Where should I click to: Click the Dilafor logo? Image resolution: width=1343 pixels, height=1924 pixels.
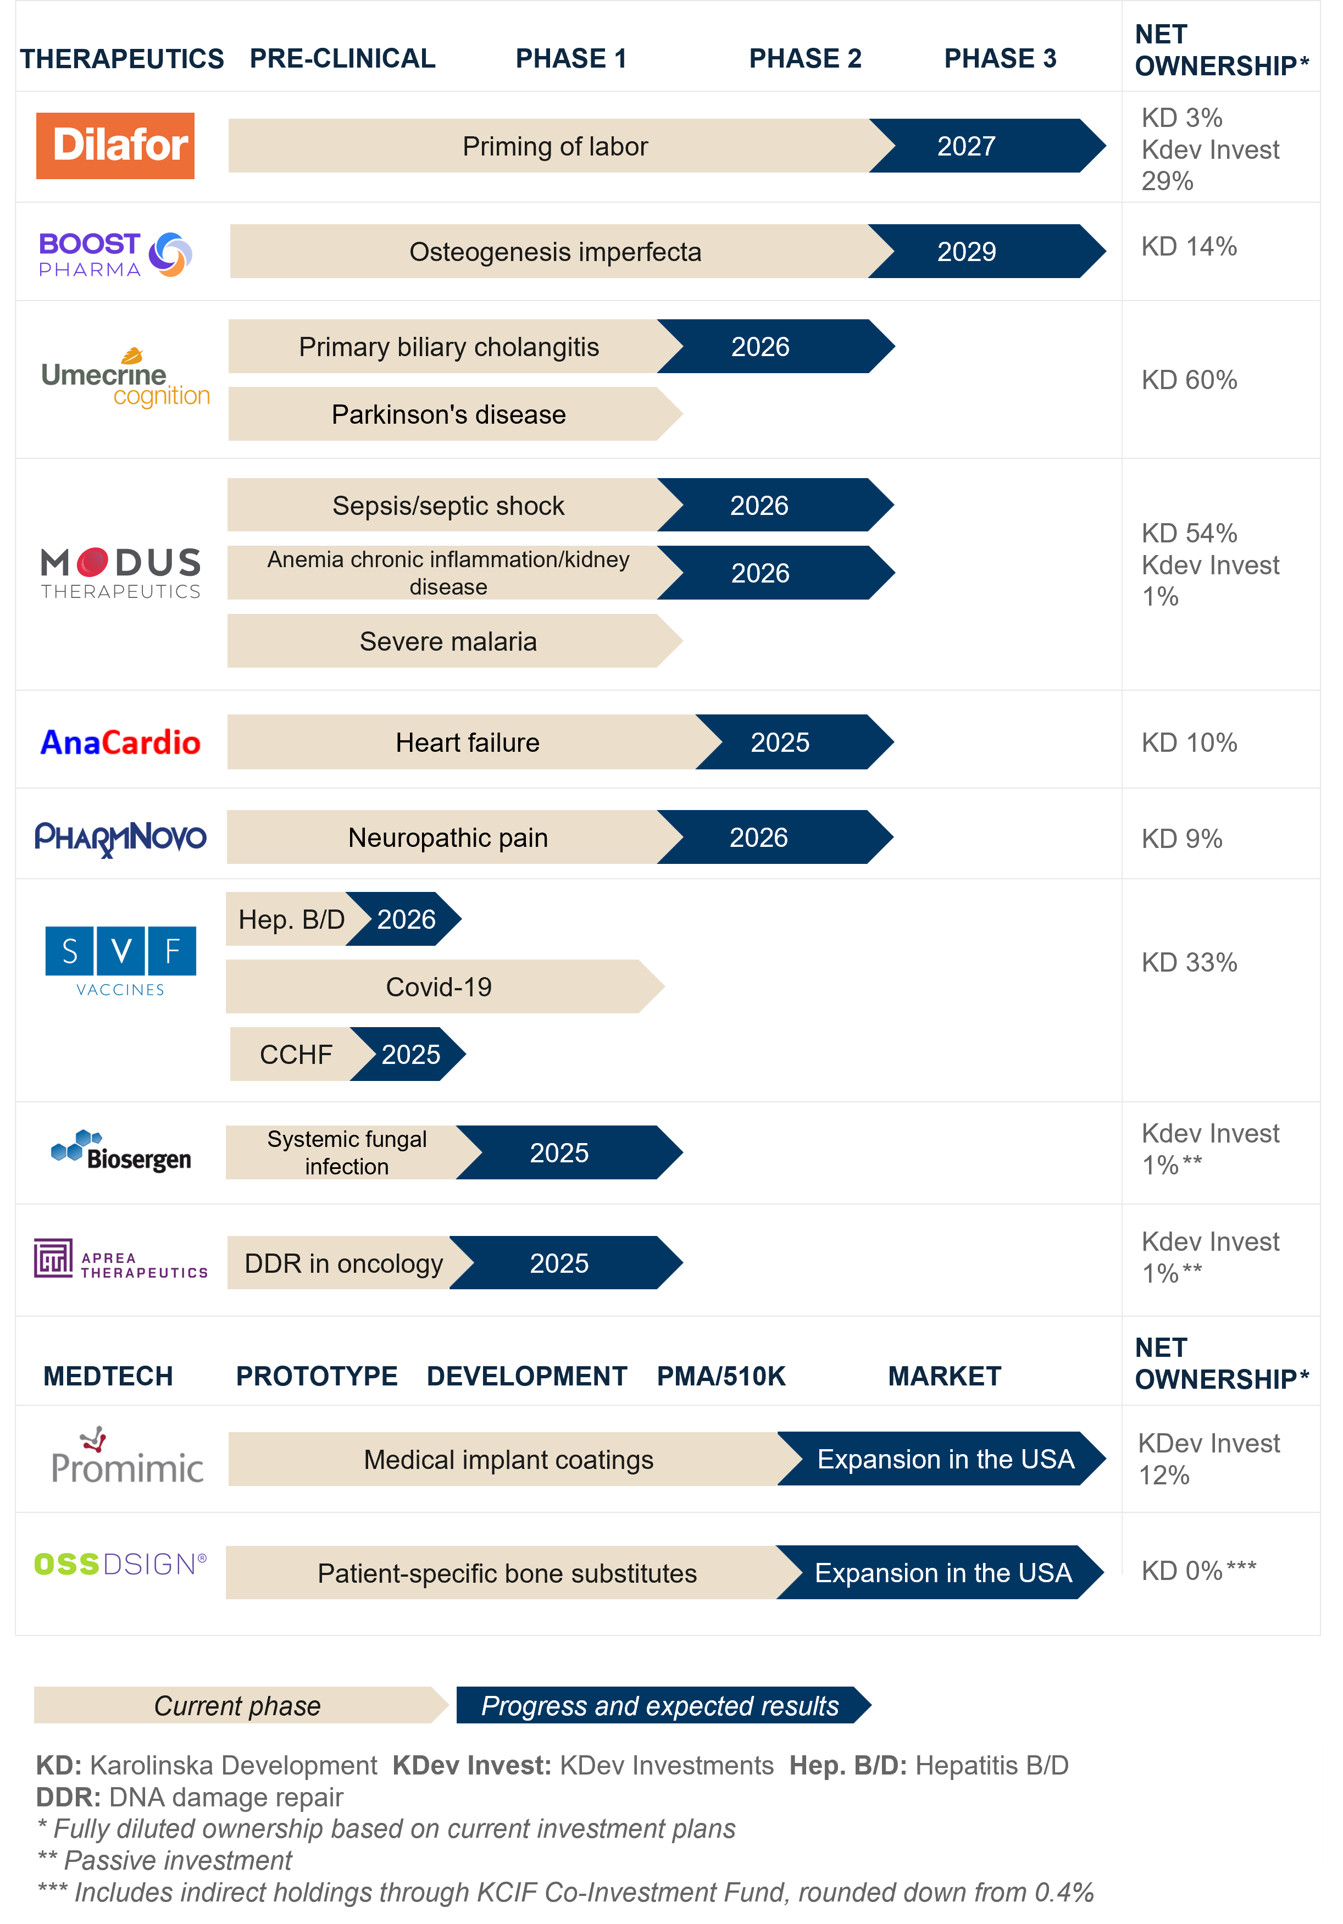(115, 145)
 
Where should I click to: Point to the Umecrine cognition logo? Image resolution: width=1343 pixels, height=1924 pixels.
(126, 379)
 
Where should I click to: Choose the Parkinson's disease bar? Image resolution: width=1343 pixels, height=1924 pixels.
(448, 414)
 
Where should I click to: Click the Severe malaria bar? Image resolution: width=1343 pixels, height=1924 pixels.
(448, 641)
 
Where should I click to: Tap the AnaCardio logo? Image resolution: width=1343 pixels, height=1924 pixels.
(121, 742)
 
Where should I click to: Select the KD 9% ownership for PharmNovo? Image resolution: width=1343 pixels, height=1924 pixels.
(1181, 838)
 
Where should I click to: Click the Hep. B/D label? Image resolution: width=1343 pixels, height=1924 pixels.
(291, 919)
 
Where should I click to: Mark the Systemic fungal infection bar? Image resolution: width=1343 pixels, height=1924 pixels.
(346, 1152)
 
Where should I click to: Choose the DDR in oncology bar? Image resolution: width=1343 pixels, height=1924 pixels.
(343, 1263)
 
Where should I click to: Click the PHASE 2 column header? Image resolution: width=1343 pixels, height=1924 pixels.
(804, 59)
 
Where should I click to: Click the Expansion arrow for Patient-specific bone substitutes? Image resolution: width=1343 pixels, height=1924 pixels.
(942, 1573)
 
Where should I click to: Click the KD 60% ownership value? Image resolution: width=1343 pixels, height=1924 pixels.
(1189, 380)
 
